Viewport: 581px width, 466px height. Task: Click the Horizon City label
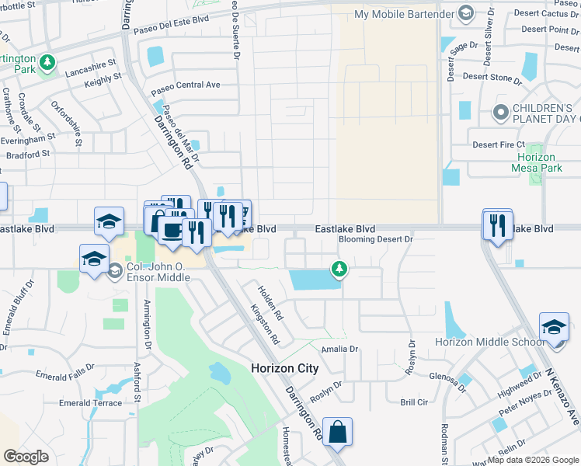285,368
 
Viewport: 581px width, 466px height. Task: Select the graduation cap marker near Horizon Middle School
555,328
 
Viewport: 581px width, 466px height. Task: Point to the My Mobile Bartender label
405,14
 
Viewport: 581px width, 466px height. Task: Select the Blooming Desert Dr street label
375,240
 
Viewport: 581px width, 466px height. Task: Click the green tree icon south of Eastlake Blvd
339,269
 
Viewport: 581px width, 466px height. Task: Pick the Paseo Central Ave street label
186,85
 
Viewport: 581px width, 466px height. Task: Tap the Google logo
26,457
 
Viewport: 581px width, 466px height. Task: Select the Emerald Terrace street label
90,403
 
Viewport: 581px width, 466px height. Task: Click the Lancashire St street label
89,63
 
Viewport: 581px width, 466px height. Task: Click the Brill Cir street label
414,402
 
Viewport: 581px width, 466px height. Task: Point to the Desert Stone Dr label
492,78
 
